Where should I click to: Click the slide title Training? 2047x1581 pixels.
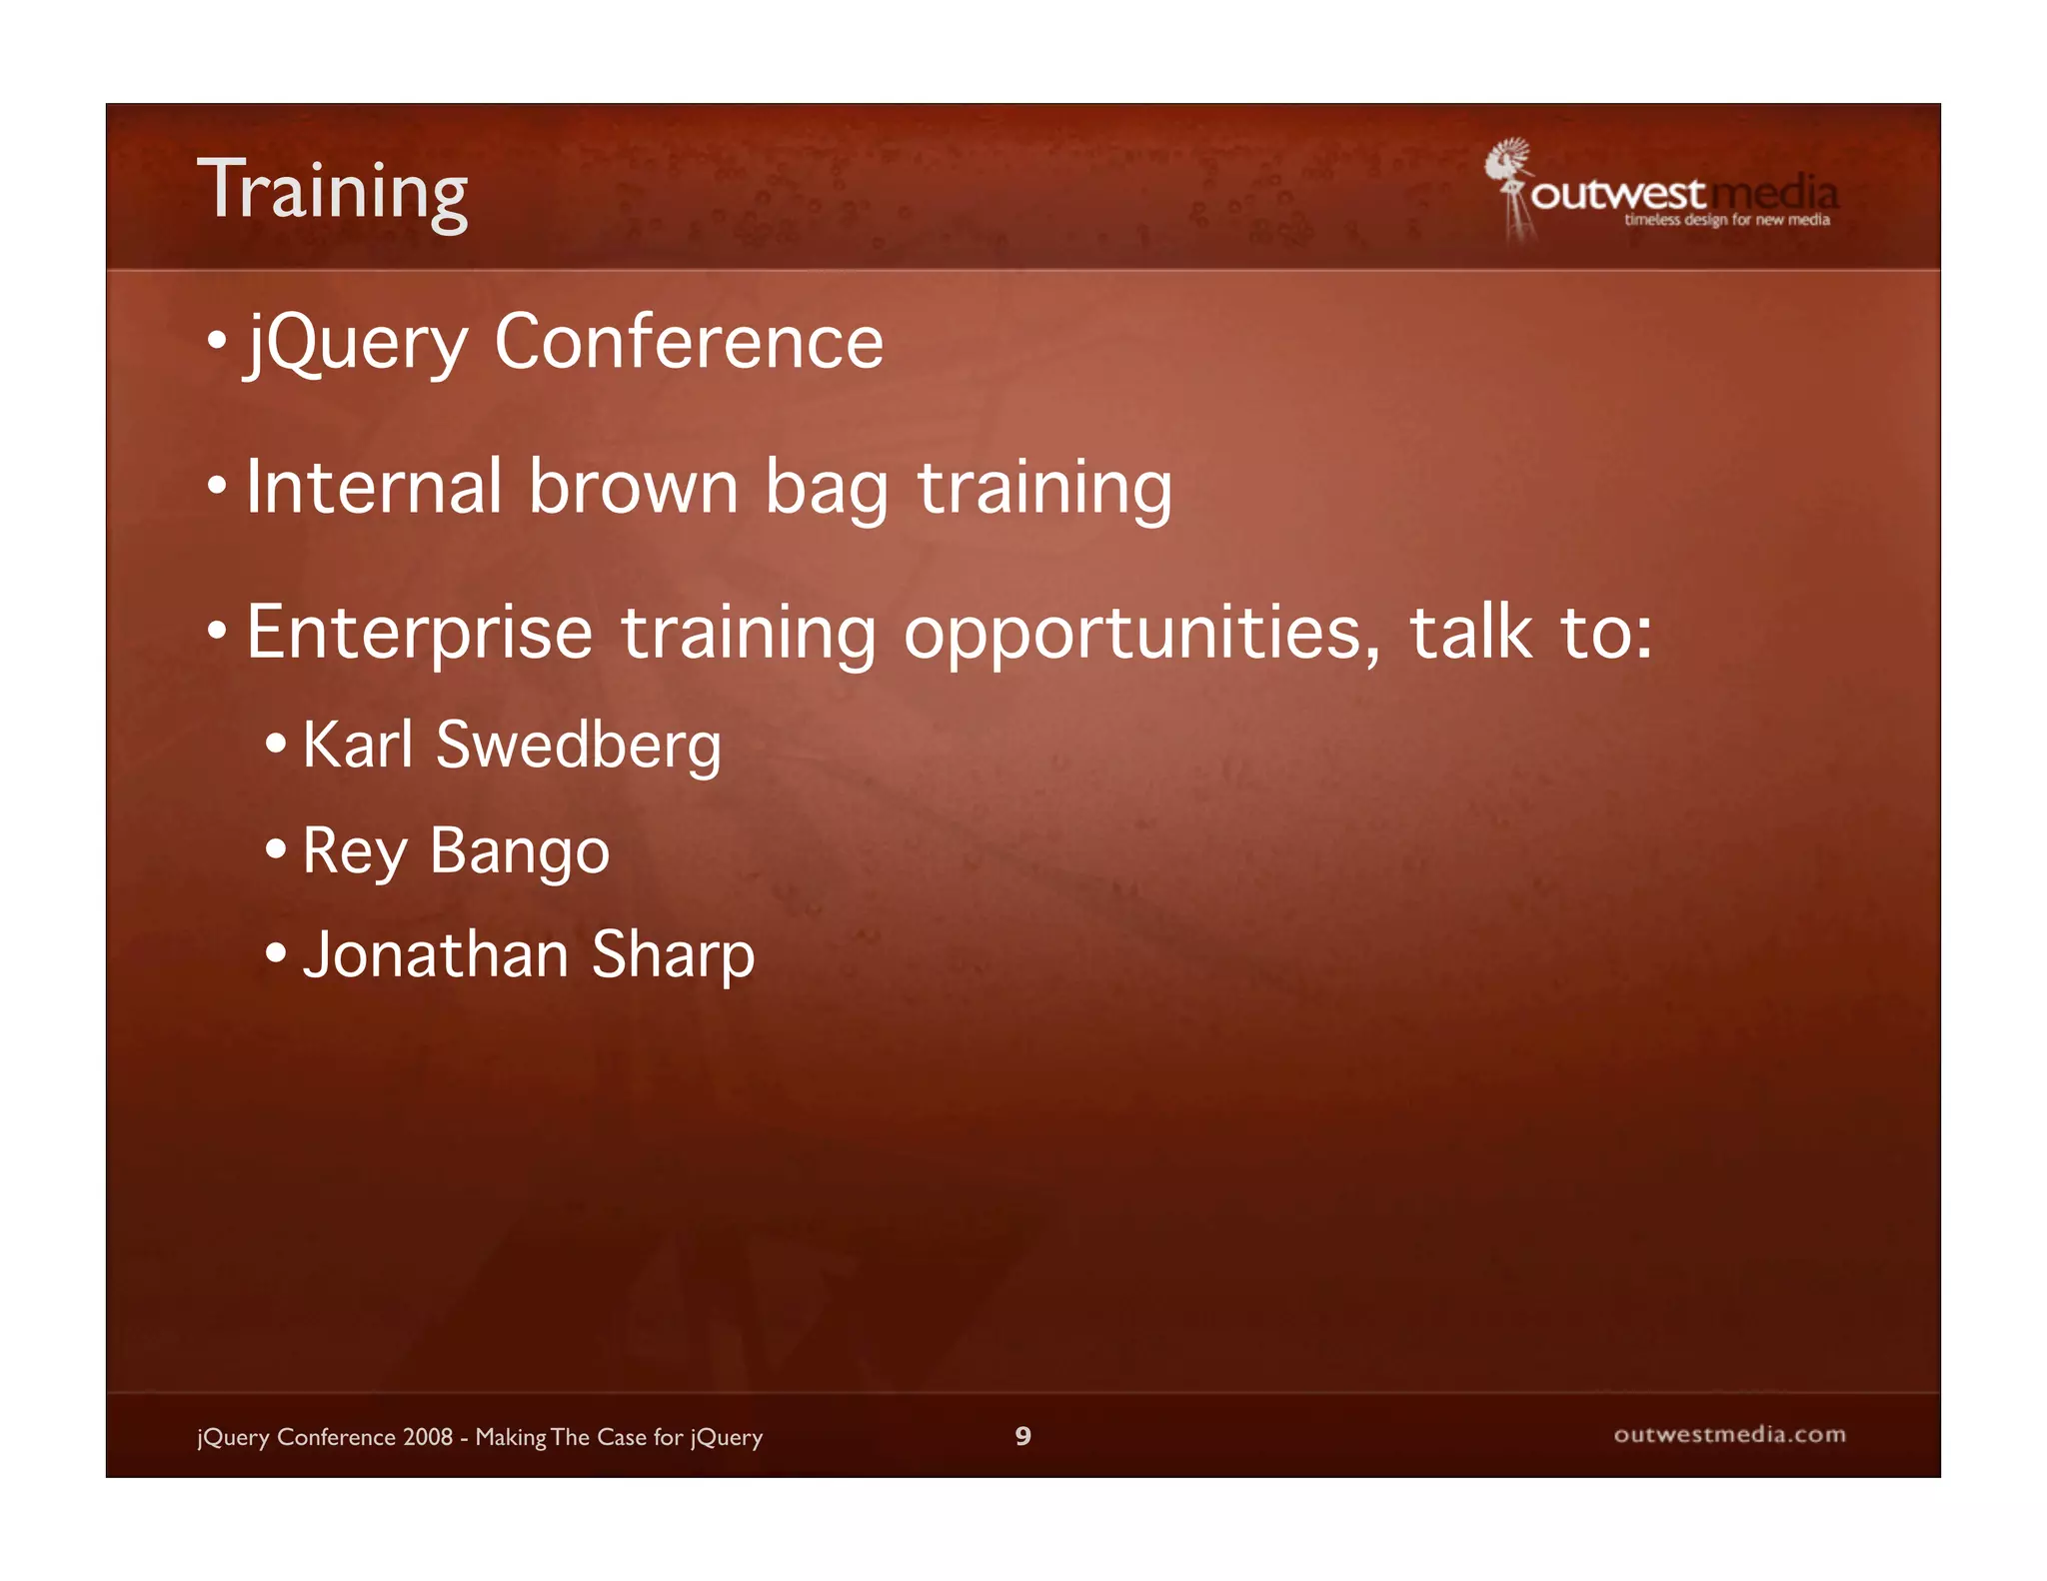pyautogui.click(x=333, y=191)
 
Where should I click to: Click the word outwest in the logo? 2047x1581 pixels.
pyautogui.click(x=1617, y=194)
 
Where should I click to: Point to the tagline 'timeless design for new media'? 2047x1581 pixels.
pyautogui.click(x=1727, y=220)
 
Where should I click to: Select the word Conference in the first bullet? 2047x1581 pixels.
pyautogui.click(x=689, y=342)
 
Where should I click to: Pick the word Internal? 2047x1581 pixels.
pyautogui.click(x=374, y=487)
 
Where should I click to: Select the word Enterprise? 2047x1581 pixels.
pyautogui.click(x=420, y=634)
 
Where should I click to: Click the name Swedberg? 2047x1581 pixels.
pyautogui.click(x=579, y=746)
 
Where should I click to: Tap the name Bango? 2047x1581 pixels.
pyautogui.click(x=519, y=852)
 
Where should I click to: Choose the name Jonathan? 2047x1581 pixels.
pyautogui.click(x=436, y=954)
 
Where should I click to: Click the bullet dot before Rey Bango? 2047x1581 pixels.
pyautogui.click(x=276, y=850)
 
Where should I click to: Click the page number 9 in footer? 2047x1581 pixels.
pyautogui.click(x=1023, y=1436)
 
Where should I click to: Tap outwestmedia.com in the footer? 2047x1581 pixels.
pyautogui.click(x=1729, y=1435)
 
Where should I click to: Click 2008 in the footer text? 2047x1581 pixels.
pyautogui.click(x=428, y=1437)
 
